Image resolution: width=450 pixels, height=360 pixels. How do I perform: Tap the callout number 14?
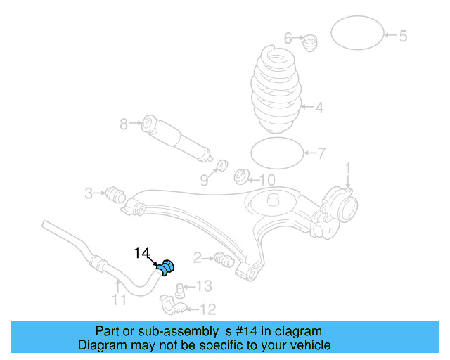pos(143,252)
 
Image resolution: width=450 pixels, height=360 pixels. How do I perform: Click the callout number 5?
pos(403,36)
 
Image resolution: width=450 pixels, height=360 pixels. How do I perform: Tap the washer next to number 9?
pos(220,166)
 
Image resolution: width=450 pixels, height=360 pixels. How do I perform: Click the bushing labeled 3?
pos(114,193)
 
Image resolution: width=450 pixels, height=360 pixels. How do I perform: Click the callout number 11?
pos(119,301)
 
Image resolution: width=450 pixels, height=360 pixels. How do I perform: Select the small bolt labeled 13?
pos(181,288)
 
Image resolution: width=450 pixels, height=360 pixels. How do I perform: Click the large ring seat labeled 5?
pos(356,32)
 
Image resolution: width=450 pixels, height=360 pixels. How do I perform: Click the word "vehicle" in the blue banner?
pos(307,345)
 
